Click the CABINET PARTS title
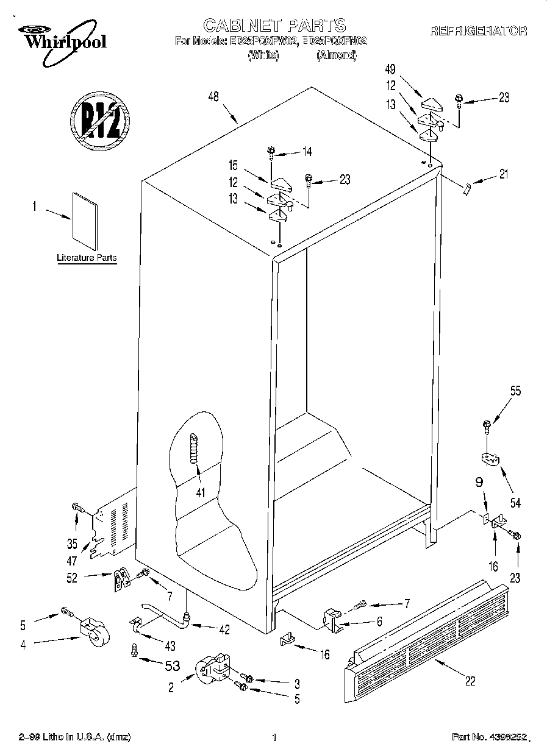tap(274, 25)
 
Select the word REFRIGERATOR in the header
tap(479, 30)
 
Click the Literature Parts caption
tap(87, 258)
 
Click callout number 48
tap(213, 96)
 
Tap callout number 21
tap(502, 174)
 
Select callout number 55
tap(515, 392)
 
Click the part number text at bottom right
tap(488, 737)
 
